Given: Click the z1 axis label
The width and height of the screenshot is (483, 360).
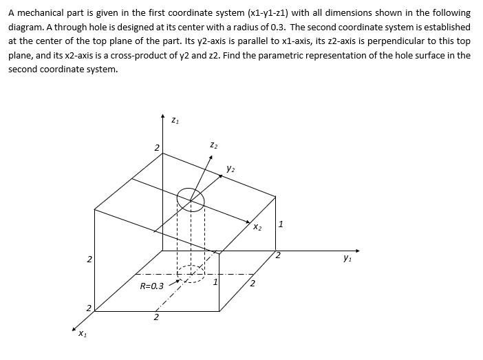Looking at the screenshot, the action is (175, 121).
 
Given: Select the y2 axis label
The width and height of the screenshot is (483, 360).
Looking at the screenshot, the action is (232, 169).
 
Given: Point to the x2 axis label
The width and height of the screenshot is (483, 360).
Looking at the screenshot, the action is (257, 227).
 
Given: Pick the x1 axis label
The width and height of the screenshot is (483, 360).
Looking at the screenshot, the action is (82, 335).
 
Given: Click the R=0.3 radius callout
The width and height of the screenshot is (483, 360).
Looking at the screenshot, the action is (151, 286).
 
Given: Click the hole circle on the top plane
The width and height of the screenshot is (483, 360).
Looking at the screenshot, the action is (191, 200).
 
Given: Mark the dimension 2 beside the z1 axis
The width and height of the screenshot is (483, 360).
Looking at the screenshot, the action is (156, 148).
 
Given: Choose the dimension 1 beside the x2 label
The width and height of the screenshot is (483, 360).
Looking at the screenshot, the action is (281, 224).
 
